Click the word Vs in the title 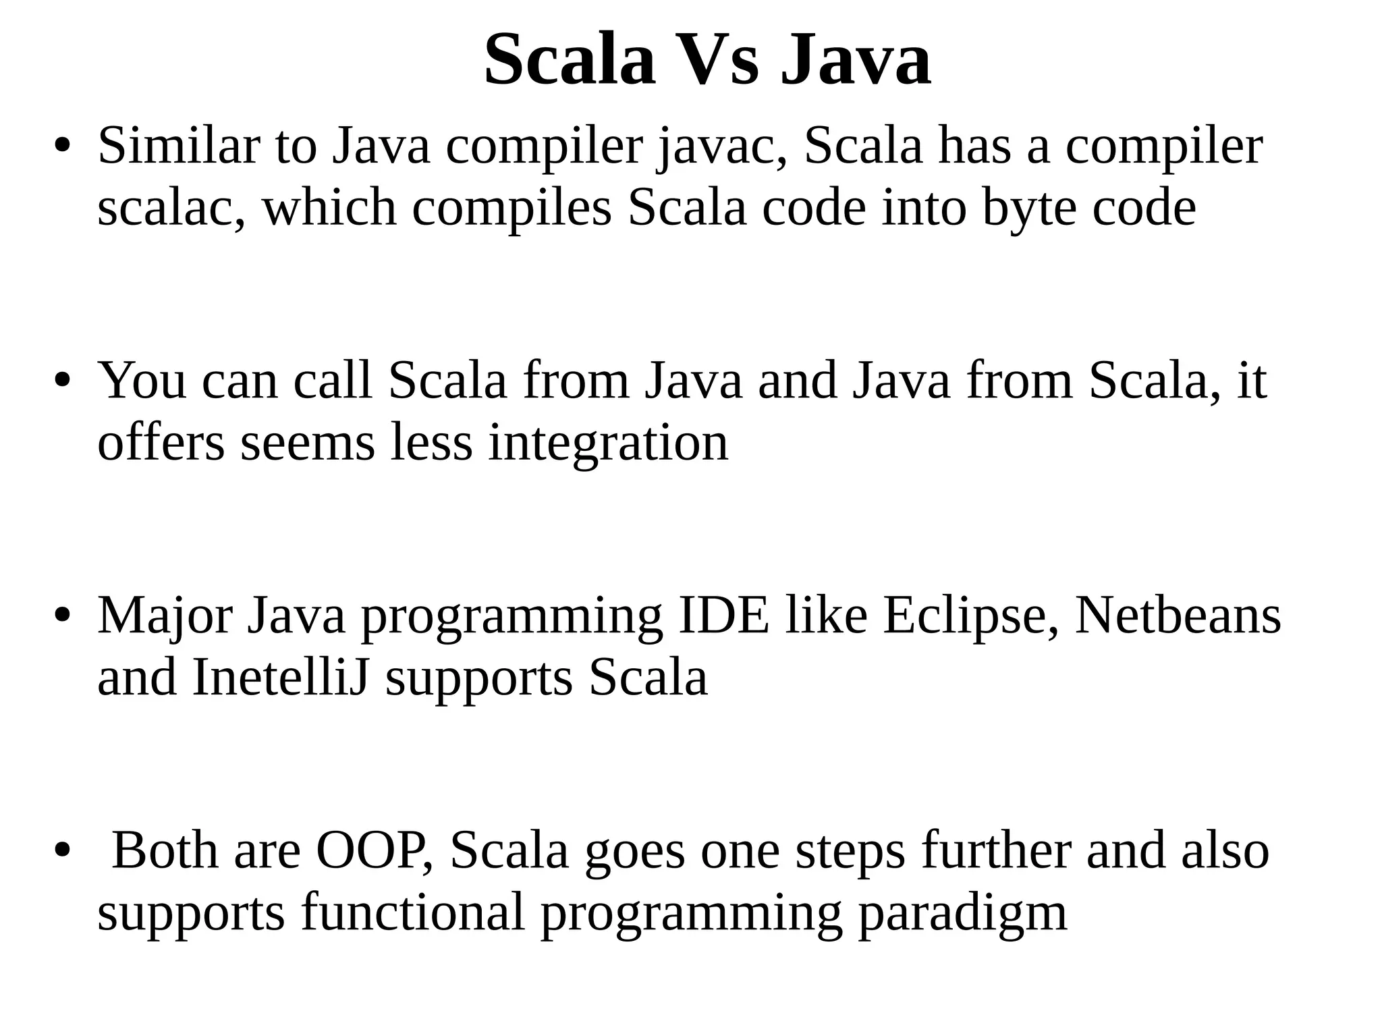click(x=717, y=61)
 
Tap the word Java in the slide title click(x=856, y=61)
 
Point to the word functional click(x=413, y=912)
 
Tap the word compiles click(x=512, y=209)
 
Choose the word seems click(x=307, y=444)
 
